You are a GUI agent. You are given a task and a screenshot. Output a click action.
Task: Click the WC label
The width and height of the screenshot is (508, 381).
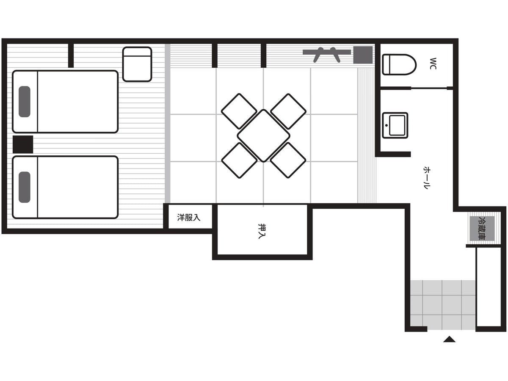coord(433,63)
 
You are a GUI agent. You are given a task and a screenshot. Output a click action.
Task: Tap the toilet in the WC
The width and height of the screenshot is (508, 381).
coord(399,65)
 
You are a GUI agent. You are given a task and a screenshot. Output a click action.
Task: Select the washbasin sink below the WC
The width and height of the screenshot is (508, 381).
coord(395,125)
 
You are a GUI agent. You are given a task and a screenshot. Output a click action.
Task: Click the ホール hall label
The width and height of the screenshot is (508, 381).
coord(427,178)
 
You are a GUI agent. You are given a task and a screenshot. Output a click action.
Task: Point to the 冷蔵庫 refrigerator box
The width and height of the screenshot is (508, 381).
coord(482,228)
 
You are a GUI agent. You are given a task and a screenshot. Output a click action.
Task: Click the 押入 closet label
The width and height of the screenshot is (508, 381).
coord(262,231)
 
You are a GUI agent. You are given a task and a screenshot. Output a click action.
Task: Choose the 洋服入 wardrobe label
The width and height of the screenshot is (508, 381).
coord(189,218)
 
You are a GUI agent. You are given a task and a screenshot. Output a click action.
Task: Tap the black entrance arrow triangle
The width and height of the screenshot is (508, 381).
coord(449,339)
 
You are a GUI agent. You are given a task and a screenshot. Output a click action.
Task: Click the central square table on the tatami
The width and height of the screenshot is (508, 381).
coord(263,136)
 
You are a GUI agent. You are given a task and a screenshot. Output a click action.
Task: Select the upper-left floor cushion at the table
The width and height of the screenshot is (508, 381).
coord(239,111)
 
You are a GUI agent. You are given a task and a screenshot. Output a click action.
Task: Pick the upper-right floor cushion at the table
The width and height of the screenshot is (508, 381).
coord(288,111)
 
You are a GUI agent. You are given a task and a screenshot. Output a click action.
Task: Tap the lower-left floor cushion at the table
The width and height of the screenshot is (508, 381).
coord(239,160)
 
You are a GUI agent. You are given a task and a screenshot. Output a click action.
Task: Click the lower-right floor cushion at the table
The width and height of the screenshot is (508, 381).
coord(288,160)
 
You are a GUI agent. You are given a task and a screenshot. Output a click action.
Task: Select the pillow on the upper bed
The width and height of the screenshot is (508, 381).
coord(24,102)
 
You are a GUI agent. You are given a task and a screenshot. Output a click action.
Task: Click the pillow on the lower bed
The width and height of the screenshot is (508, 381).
coord(24,187)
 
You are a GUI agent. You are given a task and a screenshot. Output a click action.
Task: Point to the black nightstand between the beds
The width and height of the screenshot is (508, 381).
coord(23,144)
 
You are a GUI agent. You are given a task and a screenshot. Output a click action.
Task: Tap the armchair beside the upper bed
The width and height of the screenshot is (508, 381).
coord(137,64)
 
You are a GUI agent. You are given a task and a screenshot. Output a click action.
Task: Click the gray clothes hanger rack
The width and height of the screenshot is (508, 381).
coord(326,55)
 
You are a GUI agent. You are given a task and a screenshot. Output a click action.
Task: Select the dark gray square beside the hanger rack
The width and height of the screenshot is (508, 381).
coord(363,55)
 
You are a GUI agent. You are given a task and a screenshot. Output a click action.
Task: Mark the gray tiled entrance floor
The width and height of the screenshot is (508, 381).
coord(442,305)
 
